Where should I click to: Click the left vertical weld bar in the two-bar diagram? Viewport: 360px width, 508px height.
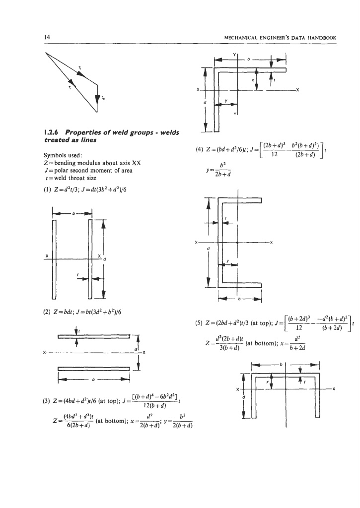click(x=50, y=258)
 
